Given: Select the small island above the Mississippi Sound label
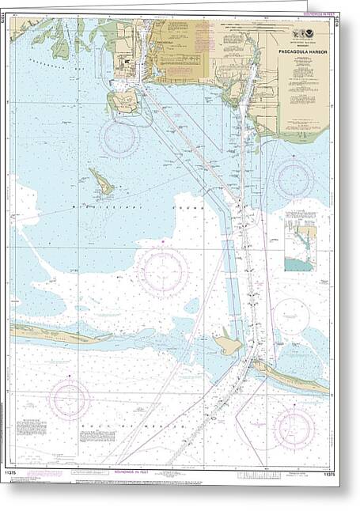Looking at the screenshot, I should pyautogui.click(x=100, y=182).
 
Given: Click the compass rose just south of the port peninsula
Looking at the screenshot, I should pyautogui.click(x=119, y=138).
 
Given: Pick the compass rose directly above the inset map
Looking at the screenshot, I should pyautogui.click(x=293, y=177).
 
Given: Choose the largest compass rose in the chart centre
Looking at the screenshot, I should pyautogui.click(x=162, y=272).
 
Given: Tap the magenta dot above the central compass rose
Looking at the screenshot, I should pyautogui.click(x=162, y=239).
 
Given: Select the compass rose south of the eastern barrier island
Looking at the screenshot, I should pyautogui.click(x=294, y=427).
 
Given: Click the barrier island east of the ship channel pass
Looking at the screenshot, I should pyautogui.click(x=291, y=377).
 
